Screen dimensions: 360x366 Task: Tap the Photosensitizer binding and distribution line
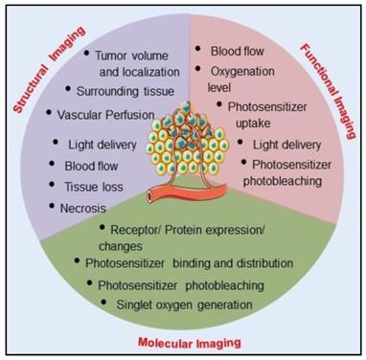pos(184,262)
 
